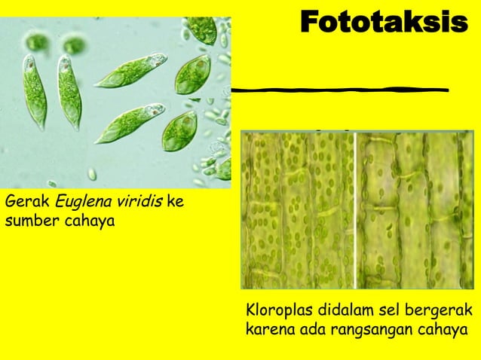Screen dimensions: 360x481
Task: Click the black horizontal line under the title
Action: [x=339, y=90]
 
